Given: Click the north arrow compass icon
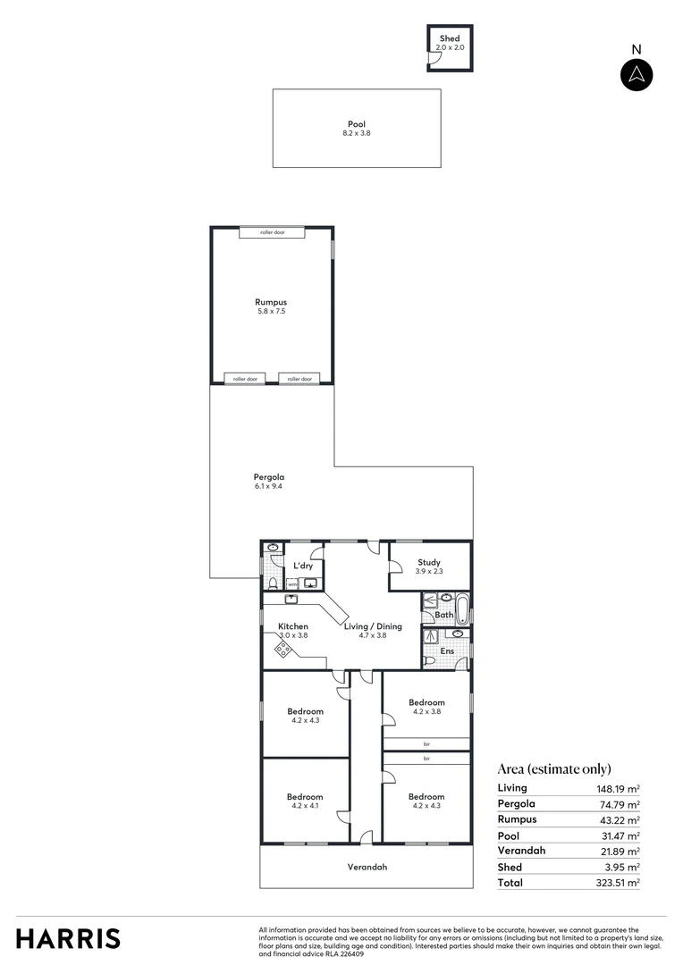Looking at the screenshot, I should point(637,74).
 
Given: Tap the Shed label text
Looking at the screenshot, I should point(449,39).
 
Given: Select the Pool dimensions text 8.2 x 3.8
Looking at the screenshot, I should point(356,133).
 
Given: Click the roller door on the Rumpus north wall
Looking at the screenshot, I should point(272,232).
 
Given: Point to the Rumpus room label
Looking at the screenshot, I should point(271,302).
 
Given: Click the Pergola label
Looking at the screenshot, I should point(268,477).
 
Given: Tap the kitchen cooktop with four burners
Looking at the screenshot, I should point(282,650).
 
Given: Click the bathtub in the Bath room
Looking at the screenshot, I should point(461,611).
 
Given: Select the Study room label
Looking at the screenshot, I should point(429,563).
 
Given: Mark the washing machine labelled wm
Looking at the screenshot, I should point(292,584).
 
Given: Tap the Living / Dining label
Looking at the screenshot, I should point(373,626).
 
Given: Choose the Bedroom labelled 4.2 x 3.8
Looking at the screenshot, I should point(426,702).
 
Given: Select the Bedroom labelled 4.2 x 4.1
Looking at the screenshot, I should point(305,797).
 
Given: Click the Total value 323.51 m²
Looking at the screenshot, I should point(619,883).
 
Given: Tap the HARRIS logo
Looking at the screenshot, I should point(68,939).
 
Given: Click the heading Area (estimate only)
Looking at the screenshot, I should point(553,768).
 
